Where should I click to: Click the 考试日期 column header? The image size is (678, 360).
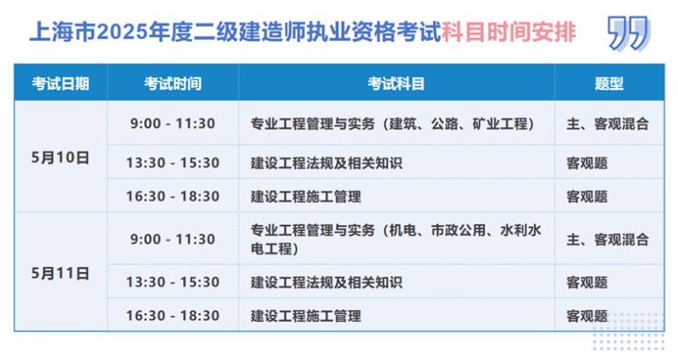[60, 84]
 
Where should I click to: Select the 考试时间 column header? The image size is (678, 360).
[173, 84]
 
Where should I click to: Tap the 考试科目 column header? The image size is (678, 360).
[396, 84]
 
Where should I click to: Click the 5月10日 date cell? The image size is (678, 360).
[60, 157]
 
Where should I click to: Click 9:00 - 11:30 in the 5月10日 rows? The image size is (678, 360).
[173, 124]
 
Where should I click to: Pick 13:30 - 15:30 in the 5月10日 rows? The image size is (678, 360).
[173, 163]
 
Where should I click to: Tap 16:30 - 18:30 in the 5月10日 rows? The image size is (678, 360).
[173, 197]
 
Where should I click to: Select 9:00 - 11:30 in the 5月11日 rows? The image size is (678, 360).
[173, 239]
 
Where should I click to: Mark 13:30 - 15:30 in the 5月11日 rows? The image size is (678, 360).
[173, 281]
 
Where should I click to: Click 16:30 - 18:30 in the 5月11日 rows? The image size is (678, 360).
[173, 315]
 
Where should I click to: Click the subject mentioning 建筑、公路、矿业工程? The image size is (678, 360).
[392, 124]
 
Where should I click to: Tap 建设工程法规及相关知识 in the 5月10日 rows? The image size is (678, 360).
[326, 163]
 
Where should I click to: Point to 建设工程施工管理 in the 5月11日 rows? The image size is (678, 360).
[306, 315]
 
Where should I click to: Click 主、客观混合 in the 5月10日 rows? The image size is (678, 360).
[607, 124]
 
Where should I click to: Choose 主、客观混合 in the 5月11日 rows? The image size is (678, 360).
[607, 239]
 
